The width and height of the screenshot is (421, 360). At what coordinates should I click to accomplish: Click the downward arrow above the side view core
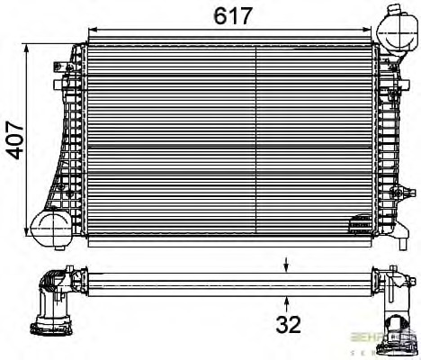[x=287, y=264]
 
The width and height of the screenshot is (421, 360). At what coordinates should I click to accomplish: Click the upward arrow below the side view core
[x=287, y=300]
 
